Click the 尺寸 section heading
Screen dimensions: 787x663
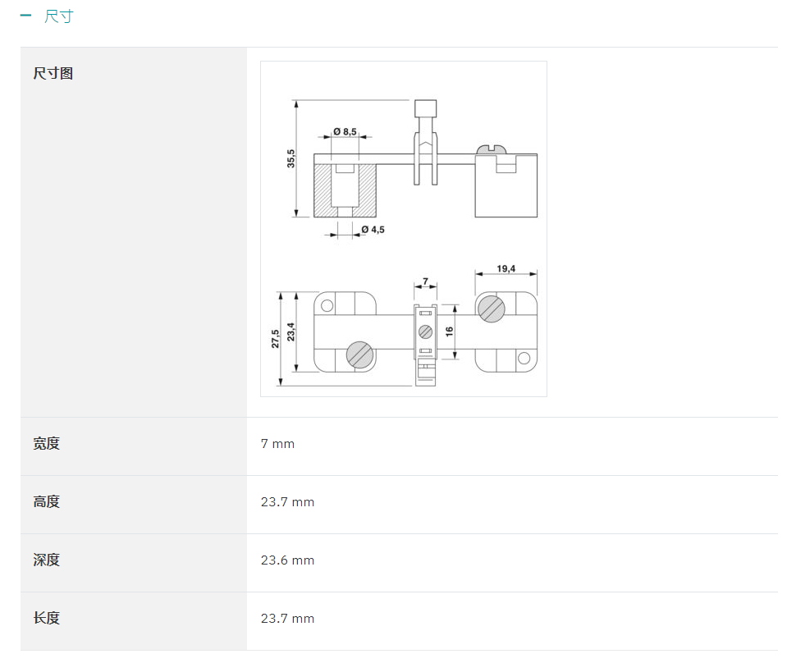pyautogui.click(x=59, y=16)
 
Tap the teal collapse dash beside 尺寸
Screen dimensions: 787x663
pyautogui.click(x=25, y=16)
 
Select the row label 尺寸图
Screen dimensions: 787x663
pyautogui.click(x=53, y=73)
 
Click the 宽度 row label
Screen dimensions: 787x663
pyautogui.click(x=47, y=444)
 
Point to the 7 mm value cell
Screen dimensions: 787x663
pyautogui.click(x=277, y=444)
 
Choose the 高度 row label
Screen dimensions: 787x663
pyautogui.click(x=47, y=502)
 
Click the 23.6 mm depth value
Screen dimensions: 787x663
pyautogui.click(x=287, y=560)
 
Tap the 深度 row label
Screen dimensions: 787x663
pyautogui.click(x=47, y=560)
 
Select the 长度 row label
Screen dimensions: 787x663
pyautogui.click(x=47, y=619)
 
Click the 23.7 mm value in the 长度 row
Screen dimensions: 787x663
pyautogui.click(x=287, y=619)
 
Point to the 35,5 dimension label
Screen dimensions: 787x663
pyautogui.click(x=291, y=158)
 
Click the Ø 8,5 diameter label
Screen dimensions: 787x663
pyautogui.click(x=345, y=131)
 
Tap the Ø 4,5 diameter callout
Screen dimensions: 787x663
pyautogui.click(x=373, y=230)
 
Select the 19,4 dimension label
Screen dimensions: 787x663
pyautogui.click(x=506, y=268)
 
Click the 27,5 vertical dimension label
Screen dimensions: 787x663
pyautogui.click(x=276, y=339)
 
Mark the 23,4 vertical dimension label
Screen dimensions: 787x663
pyautogui.click(x=291, y=331)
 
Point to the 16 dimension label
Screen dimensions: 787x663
pyautogui.click(x=449, y=331)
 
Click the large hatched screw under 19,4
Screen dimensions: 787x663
pyautogui.click(x=492, y=309)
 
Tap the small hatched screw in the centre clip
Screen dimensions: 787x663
pyautogui.click(x=426, y=331)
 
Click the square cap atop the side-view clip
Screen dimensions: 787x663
pyautogui.click(x=426, y=108)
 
